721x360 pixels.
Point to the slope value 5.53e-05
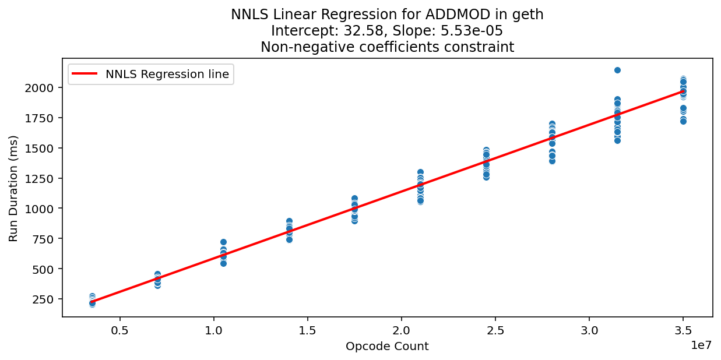click(x=474, y=31)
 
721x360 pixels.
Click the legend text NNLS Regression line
click(x=167, y=74)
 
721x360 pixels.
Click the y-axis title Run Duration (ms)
click(x=13, y=188)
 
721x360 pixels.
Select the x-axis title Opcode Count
click(x=387, y=347)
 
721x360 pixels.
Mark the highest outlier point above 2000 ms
click(x=617, y=70)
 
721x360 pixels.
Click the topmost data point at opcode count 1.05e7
click(x=223, y=242)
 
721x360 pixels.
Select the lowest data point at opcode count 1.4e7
click(x=289, y=239)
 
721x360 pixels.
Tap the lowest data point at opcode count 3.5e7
click(x=683, y=121)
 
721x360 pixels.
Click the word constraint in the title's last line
click(x=485, y=47)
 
